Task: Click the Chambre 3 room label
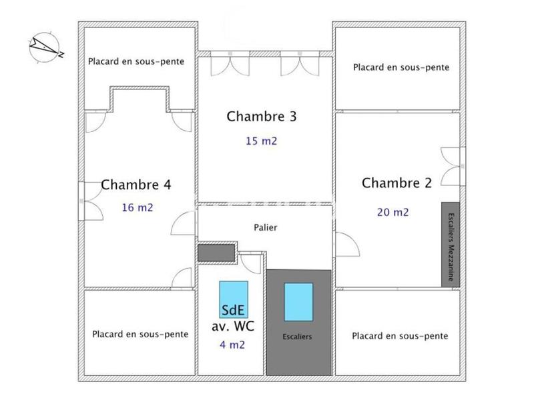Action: (x=262, y=117)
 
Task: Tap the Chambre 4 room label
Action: (x=136, y=185)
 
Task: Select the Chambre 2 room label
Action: (x=397, y=183)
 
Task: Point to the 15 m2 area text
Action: (x=261, y=141)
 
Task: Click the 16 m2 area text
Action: (x=138, y=207)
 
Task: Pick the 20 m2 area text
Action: (x=393, y=213)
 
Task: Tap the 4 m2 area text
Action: (x=232, y=345)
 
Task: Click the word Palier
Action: (x=265, y=227)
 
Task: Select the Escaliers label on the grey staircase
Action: (x=297, y=337)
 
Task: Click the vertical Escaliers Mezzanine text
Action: (x=451, y=245)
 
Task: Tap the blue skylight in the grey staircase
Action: (x=298, y=301)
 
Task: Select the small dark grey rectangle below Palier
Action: (x=216, y=253)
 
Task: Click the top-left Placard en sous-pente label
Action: (x=136, y=61)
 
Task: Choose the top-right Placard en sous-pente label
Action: (x=401, y=67)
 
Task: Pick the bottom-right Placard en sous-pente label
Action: (x=400, y=336)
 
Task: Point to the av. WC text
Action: (x=233, y=327)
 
